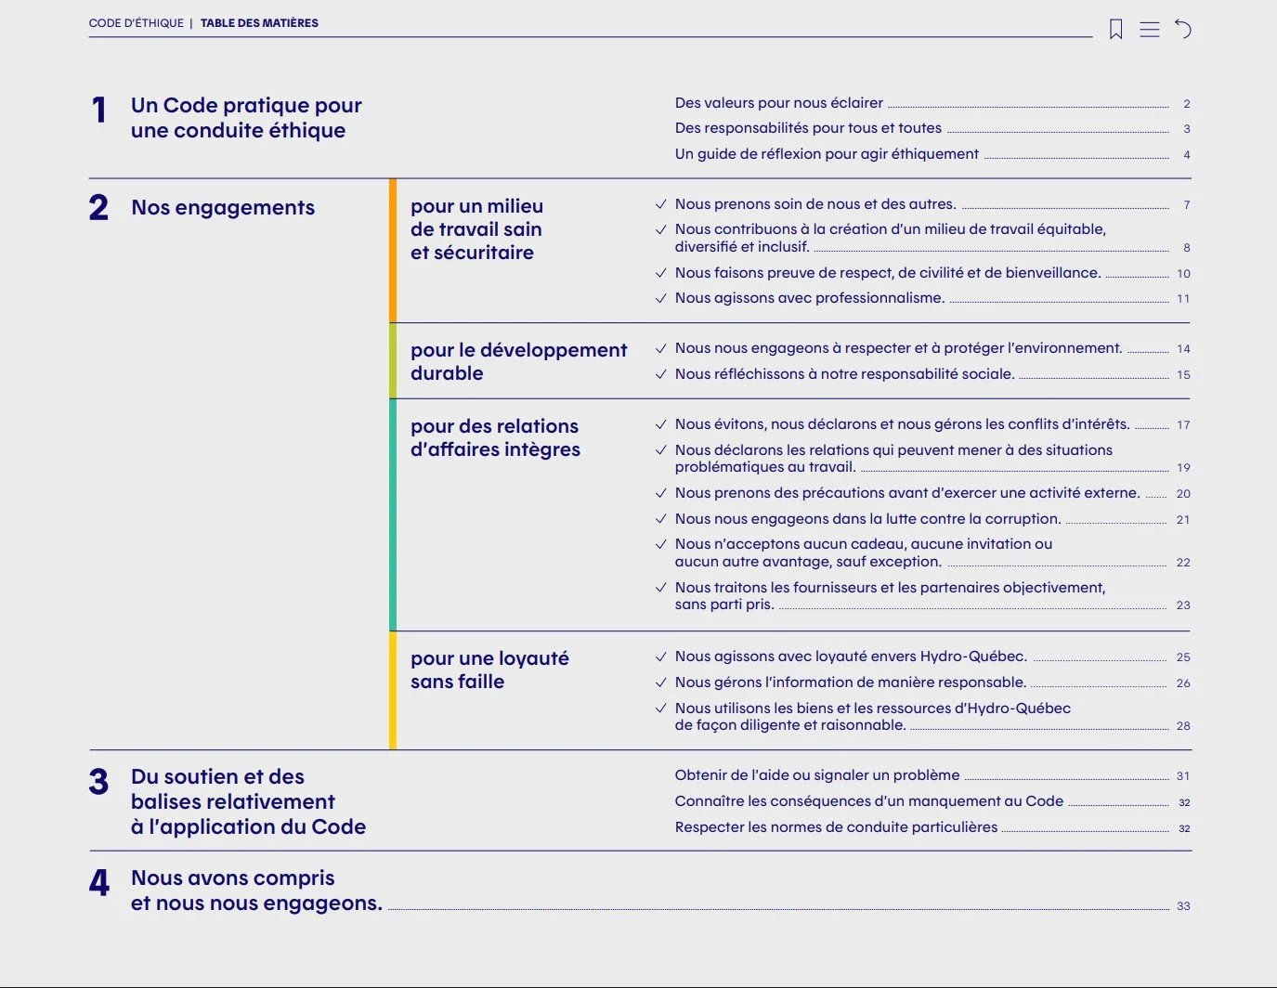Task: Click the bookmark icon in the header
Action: pos(1115,30)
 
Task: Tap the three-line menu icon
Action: pos(1150,30)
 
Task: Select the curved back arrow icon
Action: pos(1183,30)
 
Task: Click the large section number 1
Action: pos(99,110)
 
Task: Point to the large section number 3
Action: pos(98,782)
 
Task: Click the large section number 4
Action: pos(99,882)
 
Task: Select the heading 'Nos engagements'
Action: pos(223,207)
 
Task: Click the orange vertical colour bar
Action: pos(393,251)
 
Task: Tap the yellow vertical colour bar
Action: pos(393,690)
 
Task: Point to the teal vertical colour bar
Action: pos(393,514)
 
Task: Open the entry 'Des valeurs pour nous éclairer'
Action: pos(778,103)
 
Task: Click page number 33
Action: pos(1183,906)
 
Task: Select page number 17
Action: pos(1183,425)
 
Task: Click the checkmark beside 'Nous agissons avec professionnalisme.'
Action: pos(661,298)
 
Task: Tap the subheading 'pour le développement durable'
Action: pos(518,361)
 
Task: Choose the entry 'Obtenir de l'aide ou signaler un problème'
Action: pos(816,775)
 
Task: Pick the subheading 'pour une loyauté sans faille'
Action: pos(489,669)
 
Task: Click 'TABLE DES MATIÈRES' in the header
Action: pos(259,23)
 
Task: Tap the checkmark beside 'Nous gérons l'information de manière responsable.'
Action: pos(661,682)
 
